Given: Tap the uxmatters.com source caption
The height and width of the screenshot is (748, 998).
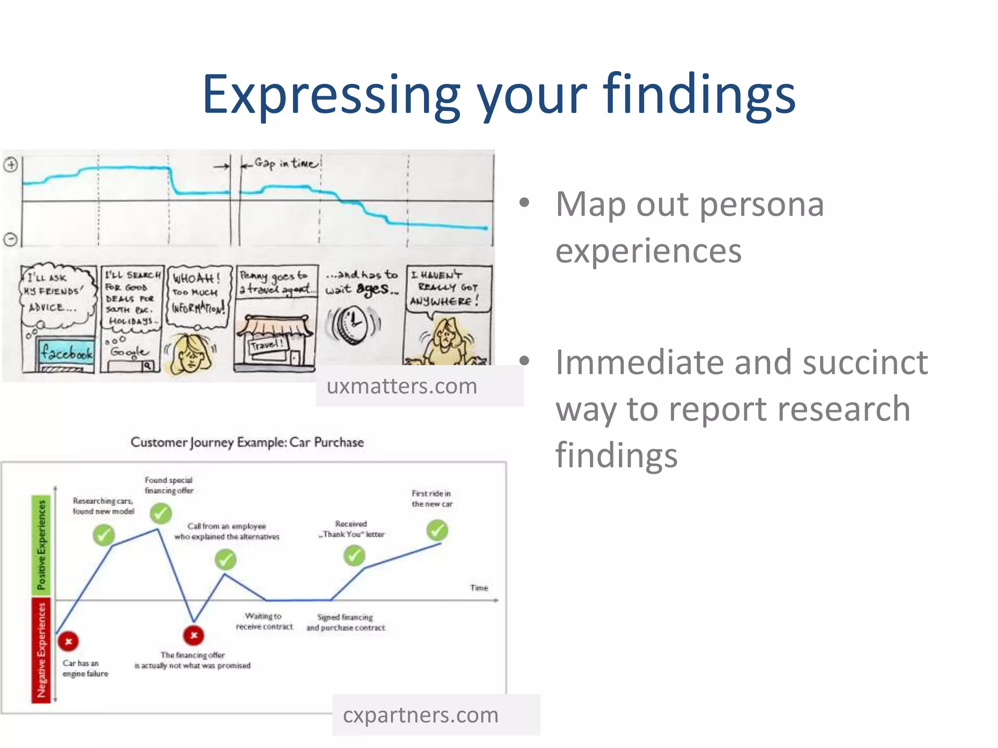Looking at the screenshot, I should click(402, 386).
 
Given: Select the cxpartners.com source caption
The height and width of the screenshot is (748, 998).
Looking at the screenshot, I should click(421, 715).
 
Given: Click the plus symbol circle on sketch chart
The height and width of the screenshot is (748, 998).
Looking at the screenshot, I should click(11, 165).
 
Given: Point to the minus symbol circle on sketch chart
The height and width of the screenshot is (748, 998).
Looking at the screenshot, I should click(11, 239).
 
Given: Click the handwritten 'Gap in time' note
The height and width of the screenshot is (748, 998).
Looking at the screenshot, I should click(286, 163).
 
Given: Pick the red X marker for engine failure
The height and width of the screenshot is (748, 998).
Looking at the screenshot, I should click(69, 641).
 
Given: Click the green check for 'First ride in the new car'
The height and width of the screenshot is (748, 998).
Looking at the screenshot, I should click(437, 530).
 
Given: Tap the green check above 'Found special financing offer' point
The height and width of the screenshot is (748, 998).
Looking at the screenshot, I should click(160, 513).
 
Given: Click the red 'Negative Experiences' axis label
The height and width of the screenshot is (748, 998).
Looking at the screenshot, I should click(41, 650).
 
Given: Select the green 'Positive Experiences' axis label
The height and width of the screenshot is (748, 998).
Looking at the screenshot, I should click(41, 544).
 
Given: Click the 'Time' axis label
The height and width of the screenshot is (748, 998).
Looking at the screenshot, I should click(479, 588).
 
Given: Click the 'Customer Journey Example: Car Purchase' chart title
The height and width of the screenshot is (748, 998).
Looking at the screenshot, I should click(247, 442).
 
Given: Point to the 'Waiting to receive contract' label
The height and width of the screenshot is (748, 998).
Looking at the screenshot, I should click(264, 621).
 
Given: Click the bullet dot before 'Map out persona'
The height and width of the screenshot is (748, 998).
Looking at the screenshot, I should click(524, 203).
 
